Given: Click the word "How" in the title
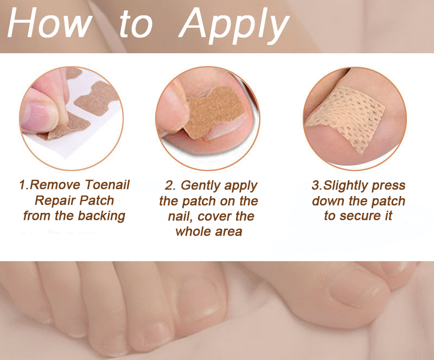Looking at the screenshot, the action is click(50, 22).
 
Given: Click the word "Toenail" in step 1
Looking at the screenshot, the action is click(107, 185).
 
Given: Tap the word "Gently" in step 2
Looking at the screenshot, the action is click(201, 186).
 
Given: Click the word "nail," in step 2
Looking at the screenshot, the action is click(181, 216).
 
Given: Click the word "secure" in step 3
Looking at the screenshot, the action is click(360, 216).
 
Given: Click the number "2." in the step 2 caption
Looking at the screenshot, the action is click(170, 186).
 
